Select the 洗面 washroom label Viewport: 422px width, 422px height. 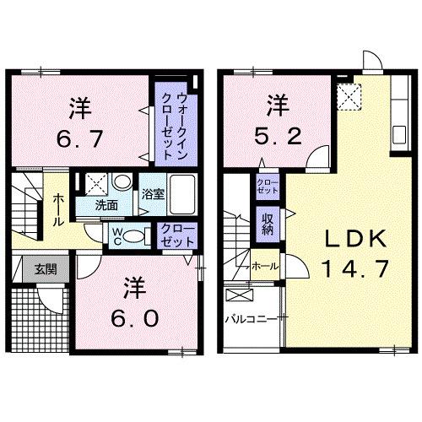[x=105, y=204]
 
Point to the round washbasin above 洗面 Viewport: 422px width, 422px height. [x=122, y=182]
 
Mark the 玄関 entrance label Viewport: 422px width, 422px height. [x=46, y=270]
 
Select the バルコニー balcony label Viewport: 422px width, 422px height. [x=251, y=319]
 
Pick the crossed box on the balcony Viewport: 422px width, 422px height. [x=240, y=296]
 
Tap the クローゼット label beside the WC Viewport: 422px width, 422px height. [x=179, y=235]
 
